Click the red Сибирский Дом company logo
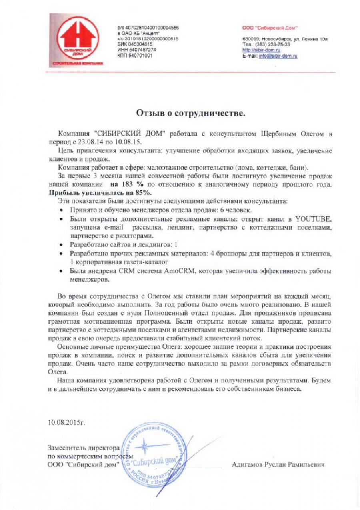tap(76, 41)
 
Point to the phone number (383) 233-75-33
tap(272, 45)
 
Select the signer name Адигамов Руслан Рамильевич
tap(278, 465)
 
